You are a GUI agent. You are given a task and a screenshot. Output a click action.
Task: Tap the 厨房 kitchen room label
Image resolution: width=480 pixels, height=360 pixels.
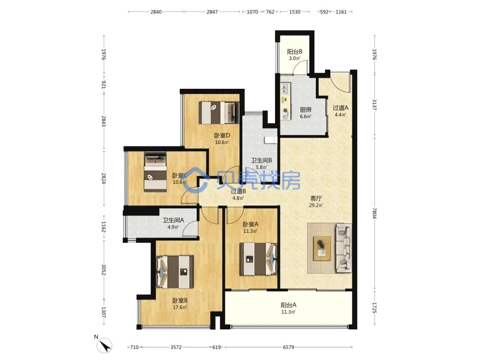305,109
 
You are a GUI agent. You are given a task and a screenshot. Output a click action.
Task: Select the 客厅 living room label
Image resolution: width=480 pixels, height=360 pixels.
316,198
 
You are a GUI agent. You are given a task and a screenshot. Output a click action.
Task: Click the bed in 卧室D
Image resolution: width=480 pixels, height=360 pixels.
218,113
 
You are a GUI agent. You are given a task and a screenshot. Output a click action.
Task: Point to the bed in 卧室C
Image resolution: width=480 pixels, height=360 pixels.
156,172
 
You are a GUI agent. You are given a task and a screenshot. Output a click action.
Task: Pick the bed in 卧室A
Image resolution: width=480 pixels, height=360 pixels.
258,259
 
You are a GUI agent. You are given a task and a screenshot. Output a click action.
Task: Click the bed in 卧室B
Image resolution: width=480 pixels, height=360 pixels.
175,272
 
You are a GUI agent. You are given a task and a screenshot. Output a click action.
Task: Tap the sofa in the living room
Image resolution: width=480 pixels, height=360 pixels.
344,248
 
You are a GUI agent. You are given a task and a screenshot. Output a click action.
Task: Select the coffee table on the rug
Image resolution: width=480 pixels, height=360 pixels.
322,248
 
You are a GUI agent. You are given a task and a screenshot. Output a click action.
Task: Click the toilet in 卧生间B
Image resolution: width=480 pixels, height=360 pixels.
271,140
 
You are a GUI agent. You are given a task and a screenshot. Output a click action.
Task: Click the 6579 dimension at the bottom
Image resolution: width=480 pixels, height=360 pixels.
288,347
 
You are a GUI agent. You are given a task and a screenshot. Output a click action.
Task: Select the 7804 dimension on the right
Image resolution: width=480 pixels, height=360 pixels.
374,213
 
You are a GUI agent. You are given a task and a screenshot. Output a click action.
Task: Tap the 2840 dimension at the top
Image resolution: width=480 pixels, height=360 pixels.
156,12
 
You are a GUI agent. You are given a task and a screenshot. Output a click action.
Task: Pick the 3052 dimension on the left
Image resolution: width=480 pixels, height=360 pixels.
104,270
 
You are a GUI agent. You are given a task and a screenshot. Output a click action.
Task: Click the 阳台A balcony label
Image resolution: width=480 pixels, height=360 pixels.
288,305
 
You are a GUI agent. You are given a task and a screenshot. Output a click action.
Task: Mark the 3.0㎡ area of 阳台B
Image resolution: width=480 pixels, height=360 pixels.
295,58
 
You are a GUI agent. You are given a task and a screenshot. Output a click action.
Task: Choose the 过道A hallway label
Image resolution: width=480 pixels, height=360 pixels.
340,108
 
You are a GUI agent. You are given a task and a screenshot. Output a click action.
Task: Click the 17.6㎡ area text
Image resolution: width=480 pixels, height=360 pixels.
180,307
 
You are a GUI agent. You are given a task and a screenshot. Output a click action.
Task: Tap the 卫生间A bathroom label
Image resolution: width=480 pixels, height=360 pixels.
173,220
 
